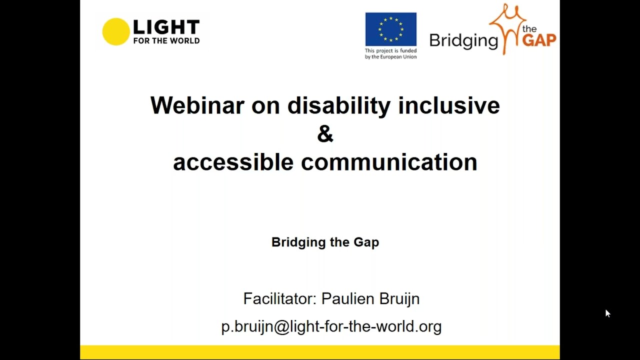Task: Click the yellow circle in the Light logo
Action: click(115, 31)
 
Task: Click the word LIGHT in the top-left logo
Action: click(166, 27)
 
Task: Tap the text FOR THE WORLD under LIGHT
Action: click(166, 41)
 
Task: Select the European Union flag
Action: click(390, 29)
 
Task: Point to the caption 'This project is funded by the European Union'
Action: click(390, 53)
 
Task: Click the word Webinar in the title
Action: click(197, 105)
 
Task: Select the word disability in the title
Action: click(338, 105)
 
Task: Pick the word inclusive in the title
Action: click(448, 105)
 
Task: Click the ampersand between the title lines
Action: click(325, 134)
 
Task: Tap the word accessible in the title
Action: click(233, 162)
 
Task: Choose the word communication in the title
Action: click(389, 162)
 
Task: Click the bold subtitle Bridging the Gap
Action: click(325, 242)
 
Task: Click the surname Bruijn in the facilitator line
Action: click(399, 298)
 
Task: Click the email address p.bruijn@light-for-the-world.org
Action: click(331, 326)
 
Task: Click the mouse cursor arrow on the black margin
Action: click(607, 313)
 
